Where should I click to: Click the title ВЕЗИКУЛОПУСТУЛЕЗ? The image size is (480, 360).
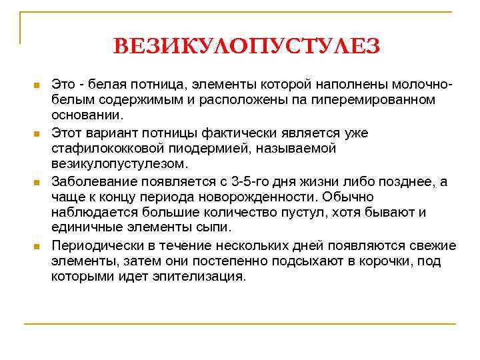click(246, 46)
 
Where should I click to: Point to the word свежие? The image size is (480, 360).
click(433, 245)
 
